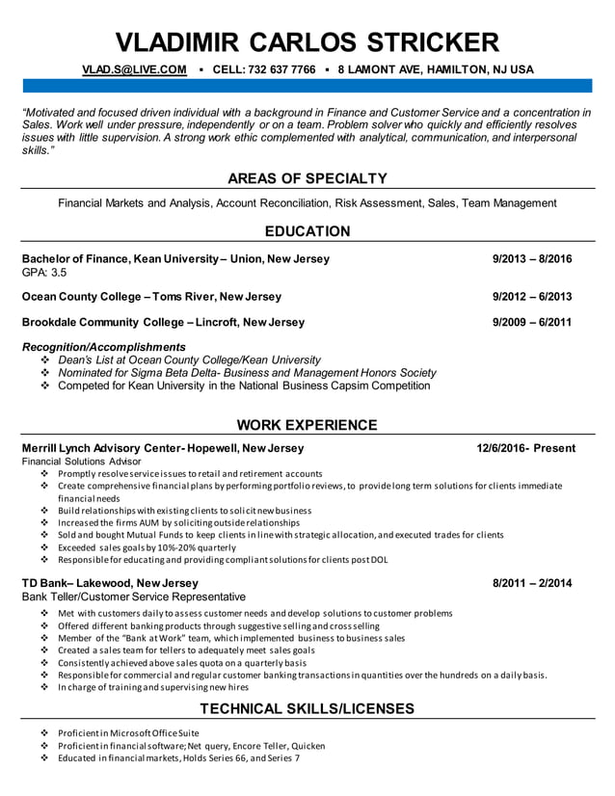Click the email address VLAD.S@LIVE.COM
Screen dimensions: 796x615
pyautogui.click(x=134, y=69)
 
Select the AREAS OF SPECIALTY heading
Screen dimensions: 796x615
pyautogui.click(x=307, y=178)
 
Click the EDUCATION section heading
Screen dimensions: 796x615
pyautogui.click(x=307, y=231)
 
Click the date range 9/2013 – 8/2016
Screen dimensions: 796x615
pyautogui.click(x=531, y=259)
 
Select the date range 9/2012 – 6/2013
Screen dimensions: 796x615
pyautogui.click(x=531, y=296)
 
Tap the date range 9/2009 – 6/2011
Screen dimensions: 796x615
pyautogui.click(x=531, y=322)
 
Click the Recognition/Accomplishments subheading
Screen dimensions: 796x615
pyautogui.click(x=103, y=347)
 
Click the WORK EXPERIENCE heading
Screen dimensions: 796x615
pyautogui.click(x=307, y=425)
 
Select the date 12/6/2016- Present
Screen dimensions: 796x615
pyautogui.click(x=525, y=448)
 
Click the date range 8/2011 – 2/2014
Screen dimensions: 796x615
pyautogui.click(x=531, y=583)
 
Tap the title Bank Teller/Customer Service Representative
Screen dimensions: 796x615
pyautogui.click(x=133, y=597)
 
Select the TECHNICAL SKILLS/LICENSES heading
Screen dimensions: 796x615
pyautogui.click(x=307, y=709)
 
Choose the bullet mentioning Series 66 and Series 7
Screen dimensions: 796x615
pyautogui.click(x=178, y=758)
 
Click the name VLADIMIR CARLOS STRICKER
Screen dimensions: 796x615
pyautogui.click(x=307, y=41)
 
